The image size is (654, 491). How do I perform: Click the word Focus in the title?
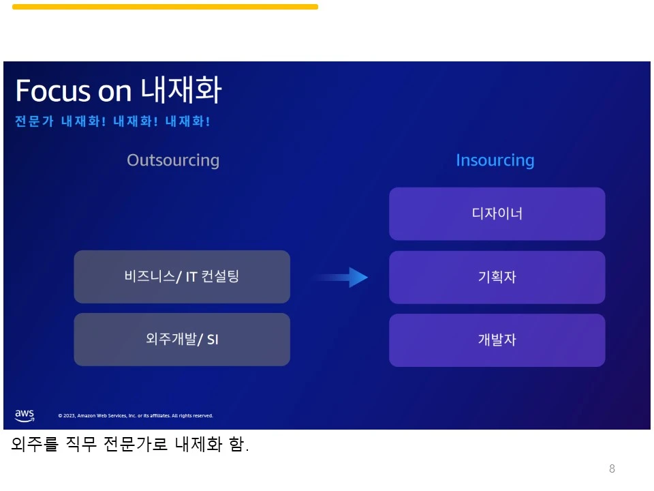pyautogui.click(x=52, y=91)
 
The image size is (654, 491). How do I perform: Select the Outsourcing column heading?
pyautogui.click(x=173, y=160)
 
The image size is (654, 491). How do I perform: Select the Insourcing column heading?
pyautogui.click(x=495, y=160)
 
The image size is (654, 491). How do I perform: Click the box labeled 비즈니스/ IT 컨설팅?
pyautogui.click(x=182, y=277)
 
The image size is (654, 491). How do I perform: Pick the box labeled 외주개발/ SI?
pyautogui.click(x=182, y=340)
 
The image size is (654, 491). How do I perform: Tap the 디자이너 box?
pyautogui.click(x=497, y=214)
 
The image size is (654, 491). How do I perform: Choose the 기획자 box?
pyautogui.click(x=497, y=278)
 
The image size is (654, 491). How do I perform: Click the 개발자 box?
pyautogui.click(x=497, y=340)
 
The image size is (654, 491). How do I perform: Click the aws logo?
pyautogui.click(x=25, y=415)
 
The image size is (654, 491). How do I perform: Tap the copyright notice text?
pyautogui.click(x=136, y=415)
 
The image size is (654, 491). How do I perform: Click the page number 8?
pyautogui.click(x=612, y=468)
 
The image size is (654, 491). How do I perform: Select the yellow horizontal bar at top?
pyautogui.click(x=165, y=7)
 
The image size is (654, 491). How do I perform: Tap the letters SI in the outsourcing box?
pyautogui.click(x=213, y=340)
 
